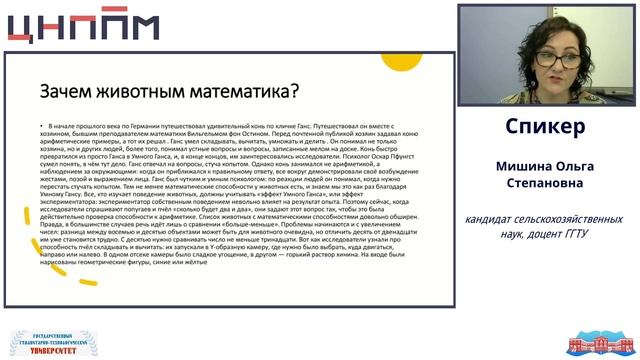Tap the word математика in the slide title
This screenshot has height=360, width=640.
click(239, 92)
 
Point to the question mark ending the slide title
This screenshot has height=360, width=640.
click(294, 92)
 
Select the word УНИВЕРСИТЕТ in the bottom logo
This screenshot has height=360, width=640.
click(50, 351)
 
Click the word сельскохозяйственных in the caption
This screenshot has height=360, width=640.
click(580, 219)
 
